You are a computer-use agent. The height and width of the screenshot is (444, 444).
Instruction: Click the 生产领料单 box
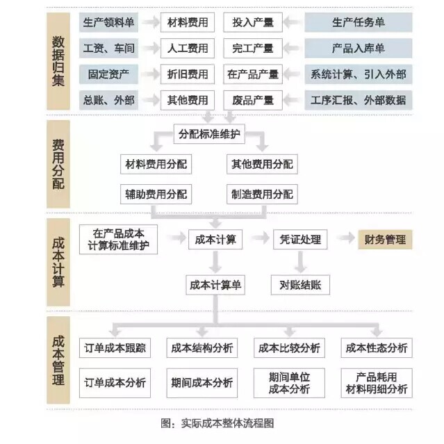(108, 22)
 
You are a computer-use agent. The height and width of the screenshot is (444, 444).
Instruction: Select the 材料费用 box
(188, 22)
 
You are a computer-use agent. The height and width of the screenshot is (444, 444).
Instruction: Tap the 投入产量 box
(253, 22)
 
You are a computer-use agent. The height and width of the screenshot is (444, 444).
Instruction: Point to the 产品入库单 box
(359, 49)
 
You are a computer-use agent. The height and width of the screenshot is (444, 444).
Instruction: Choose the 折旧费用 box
(188, 74)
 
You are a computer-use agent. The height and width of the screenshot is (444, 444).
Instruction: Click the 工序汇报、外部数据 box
(359, 100)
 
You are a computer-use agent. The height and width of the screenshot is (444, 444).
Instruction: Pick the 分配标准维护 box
(209, 134)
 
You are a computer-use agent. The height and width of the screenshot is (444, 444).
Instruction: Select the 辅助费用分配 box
(156, 195)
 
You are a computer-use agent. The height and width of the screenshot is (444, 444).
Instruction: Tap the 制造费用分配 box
(262, 195)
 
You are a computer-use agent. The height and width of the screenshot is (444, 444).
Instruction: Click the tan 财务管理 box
(385, 240)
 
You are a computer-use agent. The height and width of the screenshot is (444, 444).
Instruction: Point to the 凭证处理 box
(300, 240)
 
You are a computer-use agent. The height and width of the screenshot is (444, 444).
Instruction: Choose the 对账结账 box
(300, 285)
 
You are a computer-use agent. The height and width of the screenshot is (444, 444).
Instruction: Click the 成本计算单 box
(215, 285)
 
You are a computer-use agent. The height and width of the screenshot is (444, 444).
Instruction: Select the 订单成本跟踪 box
(115, 348)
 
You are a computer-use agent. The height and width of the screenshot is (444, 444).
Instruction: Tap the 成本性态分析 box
(377, 348)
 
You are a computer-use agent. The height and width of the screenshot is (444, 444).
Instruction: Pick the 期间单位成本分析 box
(289, 383)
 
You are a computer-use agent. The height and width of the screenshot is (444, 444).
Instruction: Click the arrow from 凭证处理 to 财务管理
(346, 238)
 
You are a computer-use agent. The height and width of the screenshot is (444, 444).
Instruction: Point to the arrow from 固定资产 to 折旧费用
(150, 74)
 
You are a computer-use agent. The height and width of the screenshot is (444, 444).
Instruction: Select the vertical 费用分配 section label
(58, 164)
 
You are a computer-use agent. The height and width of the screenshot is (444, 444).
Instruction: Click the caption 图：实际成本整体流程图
(217, 423)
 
